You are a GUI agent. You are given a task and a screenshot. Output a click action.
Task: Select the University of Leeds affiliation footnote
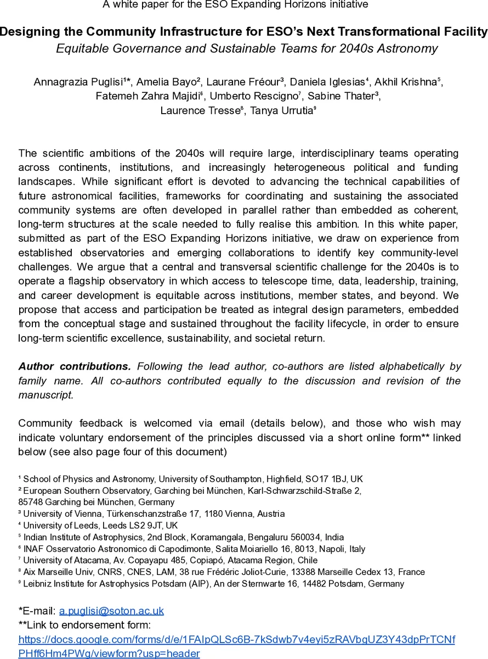point(99,526)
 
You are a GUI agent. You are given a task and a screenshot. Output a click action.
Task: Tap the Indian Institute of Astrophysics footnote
point(181,537)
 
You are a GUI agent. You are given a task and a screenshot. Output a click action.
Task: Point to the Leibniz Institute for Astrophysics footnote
point(214,583)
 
